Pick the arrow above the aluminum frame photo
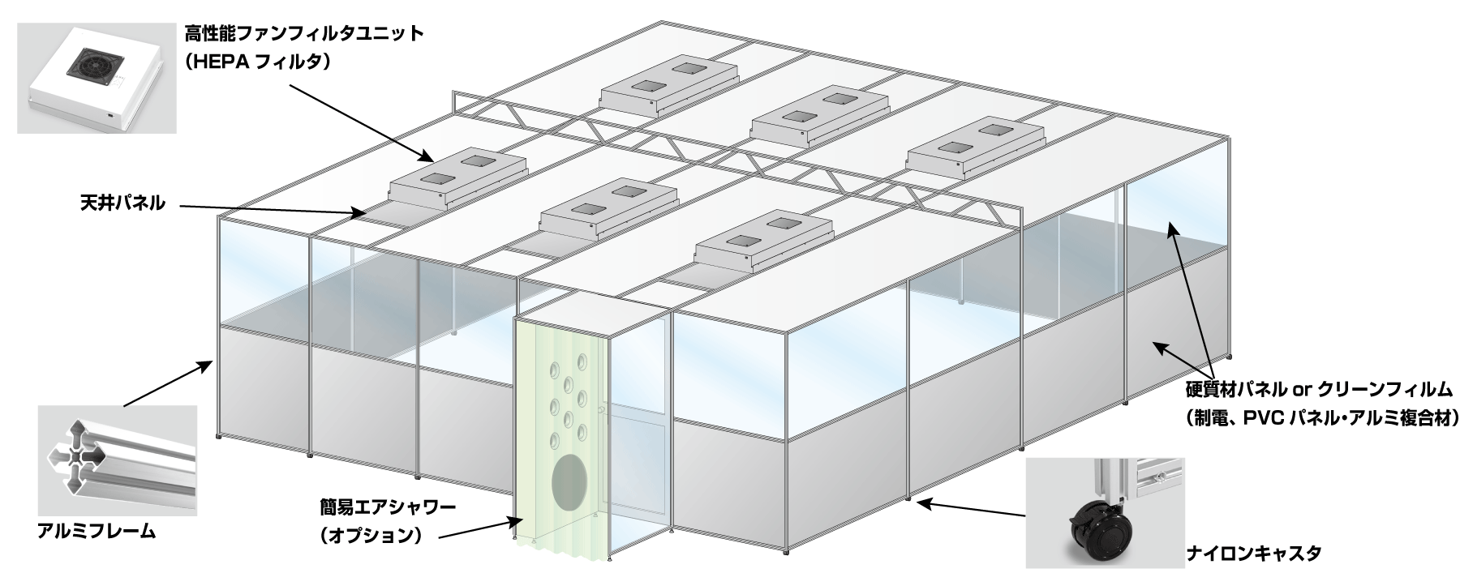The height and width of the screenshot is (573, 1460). (x=167, y=381)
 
